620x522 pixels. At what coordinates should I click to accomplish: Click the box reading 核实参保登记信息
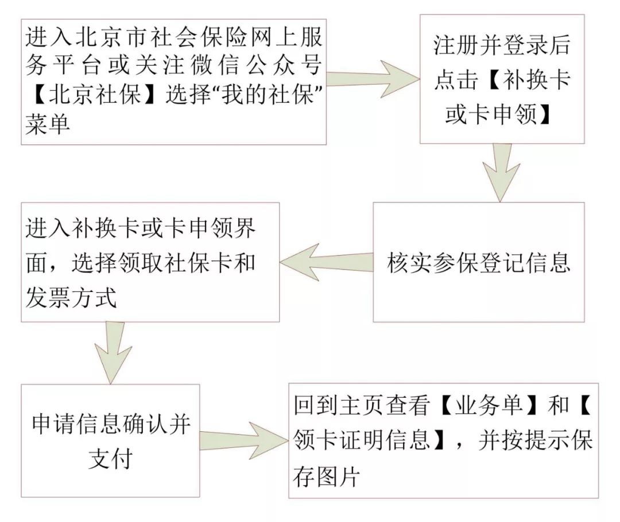[479, 262]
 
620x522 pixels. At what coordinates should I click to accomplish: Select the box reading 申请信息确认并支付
[110, 441]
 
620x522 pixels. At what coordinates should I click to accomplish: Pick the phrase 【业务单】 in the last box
[489, 406]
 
